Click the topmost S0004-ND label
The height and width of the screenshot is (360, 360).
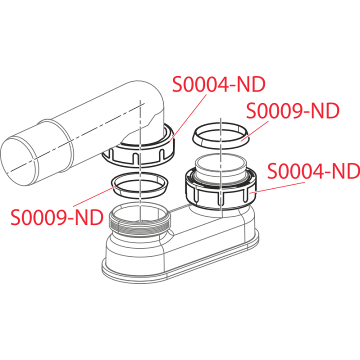point(219,84)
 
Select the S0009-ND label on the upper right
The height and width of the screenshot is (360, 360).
point(292,111)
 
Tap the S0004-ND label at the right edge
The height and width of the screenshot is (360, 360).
point(313,171)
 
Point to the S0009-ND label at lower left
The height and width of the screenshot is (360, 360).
point(57,217)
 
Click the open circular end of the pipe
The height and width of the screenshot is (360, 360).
point(19,160)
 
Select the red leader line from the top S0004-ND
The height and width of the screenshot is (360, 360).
point(188,117)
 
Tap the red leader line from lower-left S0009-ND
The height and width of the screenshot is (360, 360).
point(94,196)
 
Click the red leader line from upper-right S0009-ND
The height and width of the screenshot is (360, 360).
point(255,130)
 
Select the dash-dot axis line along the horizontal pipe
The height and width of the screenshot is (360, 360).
point(75,138)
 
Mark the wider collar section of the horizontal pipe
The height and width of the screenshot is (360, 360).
point(55,147)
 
